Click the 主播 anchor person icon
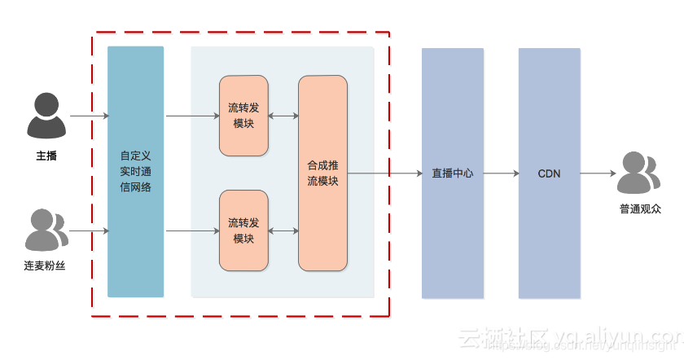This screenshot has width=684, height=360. (x=46, y=116)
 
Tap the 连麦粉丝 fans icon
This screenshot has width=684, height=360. (x=46, y=230)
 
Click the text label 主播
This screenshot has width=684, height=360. (x=46, y=156)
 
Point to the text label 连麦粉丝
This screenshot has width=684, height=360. (x=45, y=266)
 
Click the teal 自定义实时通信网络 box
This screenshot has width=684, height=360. (x=135, y=172)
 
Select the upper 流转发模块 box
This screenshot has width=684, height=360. (x=243, y=116)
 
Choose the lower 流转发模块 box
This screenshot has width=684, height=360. (x=243, y=230)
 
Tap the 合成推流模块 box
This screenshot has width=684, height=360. (x=322, y=173)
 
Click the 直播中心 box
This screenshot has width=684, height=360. (x=453, y=173)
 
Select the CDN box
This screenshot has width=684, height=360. (x=550, y=173)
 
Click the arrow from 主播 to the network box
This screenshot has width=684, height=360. (x=89, y=116)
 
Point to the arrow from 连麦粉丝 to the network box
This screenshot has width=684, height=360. (x=89, y=230)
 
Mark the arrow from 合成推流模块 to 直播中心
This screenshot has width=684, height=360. (x=384, y=173)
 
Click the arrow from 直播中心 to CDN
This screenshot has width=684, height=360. (x=501, y=173)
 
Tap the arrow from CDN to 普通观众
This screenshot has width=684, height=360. (x=598, y=173)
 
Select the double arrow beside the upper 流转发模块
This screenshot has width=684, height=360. (x=283, y=116)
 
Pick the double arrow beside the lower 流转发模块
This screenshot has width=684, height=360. (x=283, y=231)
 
